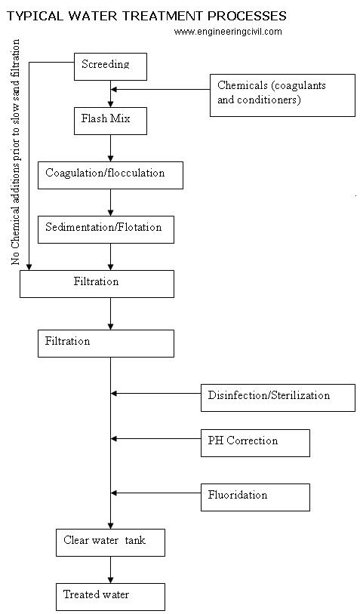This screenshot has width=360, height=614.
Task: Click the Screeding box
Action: point(110,66)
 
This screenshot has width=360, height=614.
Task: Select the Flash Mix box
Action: point(110,121)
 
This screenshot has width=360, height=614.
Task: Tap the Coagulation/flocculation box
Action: point(110,176)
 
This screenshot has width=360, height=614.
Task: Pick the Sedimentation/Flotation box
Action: point(106,230)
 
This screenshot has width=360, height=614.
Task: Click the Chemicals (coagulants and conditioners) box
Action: point(282,95)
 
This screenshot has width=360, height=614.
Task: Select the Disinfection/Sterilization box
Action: point(278,398)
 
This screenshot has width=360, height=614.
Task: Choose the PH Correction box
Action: point(255,443)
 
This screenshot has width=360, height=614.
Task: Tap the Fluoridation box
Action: point(255,497)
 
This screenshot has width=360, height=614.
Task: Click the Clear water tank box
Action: point(110,543)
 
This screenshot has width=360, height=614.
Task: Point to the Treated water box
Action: point(110,597)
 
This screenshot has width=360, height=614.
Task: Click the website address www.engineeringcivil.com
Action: point(228,32)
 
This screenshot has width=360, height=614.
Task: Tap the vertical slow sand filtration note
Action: point(16,152)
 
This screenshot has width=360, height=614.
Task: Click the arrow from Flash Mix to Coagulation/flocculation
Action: point(110,149)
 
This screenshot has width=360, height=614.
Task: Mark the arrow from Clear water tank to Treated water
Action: point(110,569)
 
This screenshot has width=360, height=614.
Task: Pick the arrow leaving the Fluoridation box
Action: point(156,493)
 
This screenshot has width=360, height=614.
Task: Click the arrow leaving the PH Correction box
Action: point(156,438)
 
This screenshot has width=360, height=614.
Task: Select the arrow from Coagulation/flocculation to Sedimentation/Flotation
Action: point(110,202)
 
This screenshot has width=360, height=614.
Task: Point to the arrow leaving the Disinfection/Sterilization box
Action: point(156,393)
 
